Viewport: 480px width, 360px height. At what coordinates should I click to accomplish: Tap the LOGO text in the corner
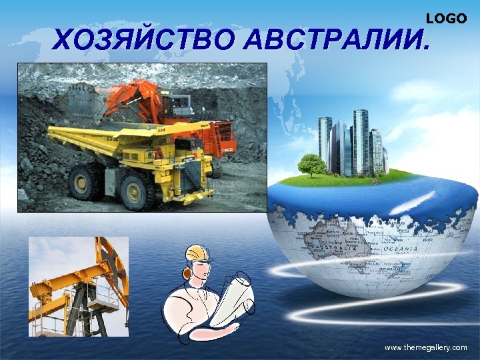point(446,19)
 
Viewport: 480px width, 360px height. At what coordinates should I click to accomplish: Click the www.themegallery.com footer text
point(426,348)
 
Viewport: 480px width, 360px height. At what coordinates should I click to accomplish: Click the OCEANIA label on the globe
point(399,249)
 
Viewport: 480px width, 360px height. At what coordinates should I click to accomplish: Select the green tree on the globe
point(311,164)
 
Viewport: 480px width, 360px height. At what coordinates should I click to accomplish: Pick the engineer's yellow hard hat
point(195,252)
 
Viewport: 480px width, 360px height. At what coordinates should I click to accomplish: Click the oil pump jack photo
point(78,286)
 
